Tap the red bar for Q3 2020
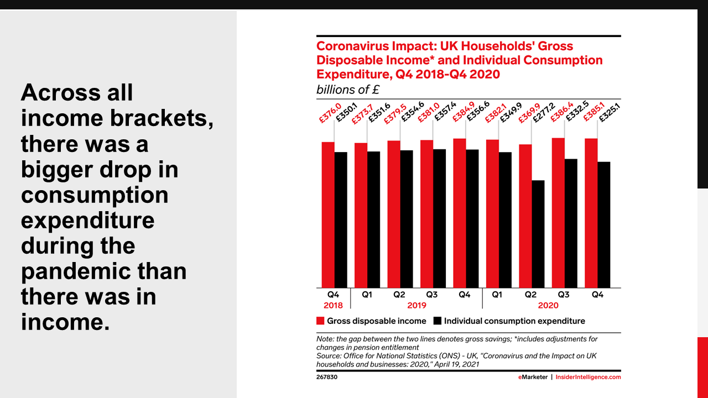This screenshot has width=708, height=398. (558, 213)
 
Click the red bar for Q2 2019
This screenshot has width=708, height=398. (394, 214)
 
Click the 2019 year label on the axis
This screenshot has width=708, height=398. (416, 305)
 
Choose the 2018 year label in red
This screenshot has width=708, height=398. (333, 305)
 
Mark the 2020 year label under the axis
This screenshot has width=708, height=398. (548, 305)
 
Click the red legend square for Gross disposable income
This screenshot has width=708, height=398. (320, 321)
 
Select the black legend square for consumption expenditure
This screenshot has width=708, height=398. (437, 321)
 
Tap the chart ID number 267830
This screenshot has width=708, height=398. (326, 377)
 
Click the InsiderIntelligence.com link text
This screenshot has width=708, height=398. (588, 377)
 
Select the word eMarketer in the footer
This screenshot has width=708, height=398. (533, 377)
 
